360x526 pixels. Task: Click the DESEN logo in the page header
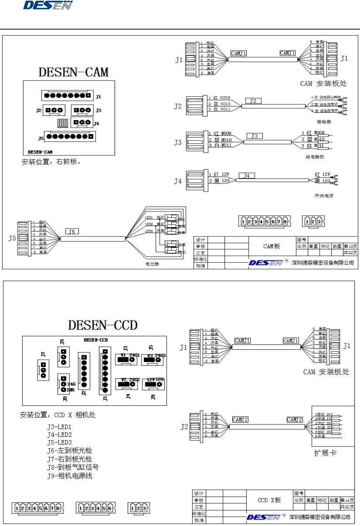[x=48, y=5]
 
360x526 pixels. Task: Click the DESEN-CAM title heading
[x=74, y=72]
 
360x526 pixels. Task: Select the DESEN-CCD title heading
[x=103, y=325]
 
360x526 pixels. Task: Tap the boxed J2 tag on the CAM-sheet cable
[x=253, y=101]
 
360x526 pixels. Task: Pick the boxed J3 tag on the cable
[x=254, y=136]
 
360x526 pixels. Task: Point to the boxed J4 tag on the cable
[x=247, y=176]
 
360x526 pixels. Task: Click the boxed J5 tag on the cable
[x=72, y=232]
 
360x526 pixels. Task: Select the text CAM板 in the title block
[x=271, y=246]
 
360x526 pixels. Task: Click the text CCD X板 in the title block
[x=269, y=500]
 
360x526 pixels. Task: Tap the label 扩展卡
[x=325, y=453]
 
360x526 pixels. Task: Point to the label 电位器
[x=152, y=264]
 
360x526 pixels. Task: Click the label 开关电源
[x=324, y=196]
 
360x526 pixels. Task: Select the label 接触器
[x=324, y=122]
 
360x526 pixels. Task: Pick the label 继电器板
[x=315, y=157]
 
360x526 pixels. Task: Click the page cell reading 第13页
[x=350, y=247]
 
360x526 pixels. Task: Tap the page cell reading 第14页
[x=347, y=500]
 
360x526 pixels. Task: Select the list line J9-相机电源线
[x=70, y=476]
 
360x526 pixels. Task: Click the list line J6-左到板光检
[x=70, y=451]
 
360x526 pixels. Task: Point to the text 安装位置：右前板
[x=51, y=162]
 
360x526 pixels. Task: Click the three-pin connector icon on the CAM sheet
[x=313, y=222]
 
